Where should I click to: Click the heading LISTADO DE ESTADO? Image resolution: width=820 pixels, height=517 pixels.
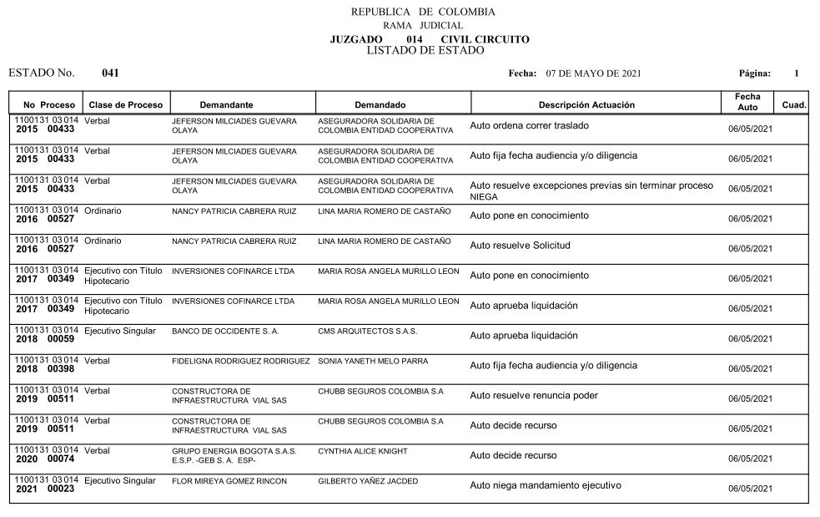(425, 50)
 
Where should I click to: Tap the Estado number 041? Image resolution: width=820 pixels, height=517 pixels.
(110, 73)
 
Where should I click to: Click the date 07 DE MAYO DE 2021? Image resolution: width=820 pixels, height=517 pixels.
(593, 73)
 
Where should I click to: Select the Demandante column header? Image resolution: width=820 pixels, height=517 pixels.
(226, 105)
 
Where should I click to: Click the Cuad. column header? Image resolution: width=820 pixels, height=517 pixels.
(793, 105)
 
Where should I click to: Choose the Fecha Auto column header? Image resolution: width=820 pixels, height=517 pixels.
(747, 103)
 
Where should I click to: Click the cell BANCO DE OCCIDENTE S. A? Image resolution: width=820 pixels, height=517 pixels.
(225, 332)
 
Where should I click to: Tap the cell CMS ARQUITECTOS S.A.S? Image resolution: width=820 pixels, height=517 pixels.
(368, 332)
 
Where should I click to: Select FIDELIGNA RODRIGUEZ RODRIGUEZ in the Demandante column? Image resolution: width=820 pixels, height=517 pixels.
(240, 362)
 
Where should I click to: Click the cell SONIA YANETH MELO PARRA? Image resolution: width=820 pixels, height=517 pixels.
(373, 362)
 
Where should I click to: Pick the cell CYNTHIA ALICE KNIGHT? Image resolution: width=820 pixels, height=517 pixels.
(363, 452)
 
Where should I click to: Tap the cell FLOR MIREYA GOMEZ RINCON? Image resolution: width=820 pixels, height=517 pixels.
(229, 482)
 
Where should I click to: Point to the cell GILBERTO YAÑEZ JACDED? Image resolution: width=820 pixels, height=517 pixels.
(368, 482)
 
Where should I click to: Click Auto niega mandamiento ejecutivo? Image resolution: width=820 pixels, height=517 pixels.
(546, 485)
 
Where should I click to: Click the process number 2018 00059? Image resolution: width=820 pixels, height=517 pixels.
(45, 340)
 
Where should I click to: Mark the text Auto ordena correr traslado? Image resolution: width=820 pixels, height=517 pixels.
(529, 125)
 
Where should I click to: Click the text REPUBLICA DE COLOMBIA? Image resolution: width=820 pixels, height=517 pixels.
(423, 13)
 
